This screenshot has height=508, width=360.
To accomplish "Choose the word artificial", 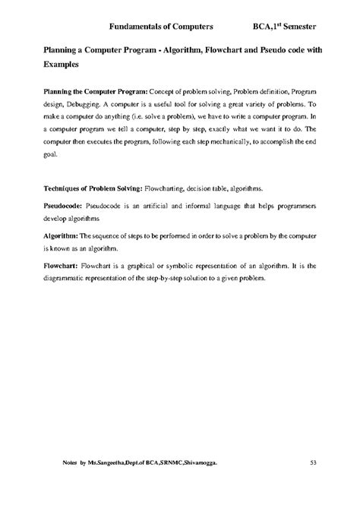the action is tap(134, 205).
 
